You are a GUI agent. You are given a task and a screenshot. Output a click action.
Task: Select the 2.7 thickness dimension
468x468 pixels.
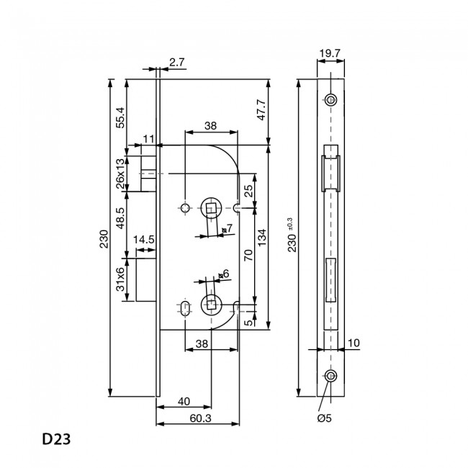pyautogui.click(x=177, y=63)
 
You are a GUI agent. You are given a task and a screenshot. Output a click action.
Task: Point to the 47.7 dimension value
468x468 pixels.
pyautogui.click(x=262, y=110)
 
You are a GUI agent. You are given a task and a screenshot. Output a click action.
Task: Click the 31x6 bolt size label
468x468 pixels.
pyautogui.click(x=120, y=282)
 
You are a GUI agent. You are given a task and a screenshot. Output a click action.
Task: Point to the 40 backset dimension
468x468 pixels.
pyautogui.click(x=184, y=401)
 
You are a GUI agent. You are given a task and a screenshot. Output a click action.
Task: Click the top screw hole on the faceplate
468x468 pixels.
pyautogui.click(x=330, y=99)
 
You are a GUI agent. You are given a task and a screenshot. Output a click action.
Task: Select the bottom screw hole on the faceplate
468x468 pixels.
pyautogui.click(x=330, y=377)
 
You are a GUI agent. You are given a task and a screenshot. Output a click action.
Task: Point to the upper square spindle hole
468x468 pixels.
pyautogui.click(x=211, y=208)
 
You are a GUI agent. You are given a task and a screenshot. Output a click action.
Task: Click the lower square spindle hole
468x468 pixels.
pyautogui.click(x=212, y=306)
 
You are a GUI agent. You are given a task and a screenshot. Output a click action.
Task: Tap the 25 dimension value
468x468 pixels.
pyautogui.click(x=248, y=191)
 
